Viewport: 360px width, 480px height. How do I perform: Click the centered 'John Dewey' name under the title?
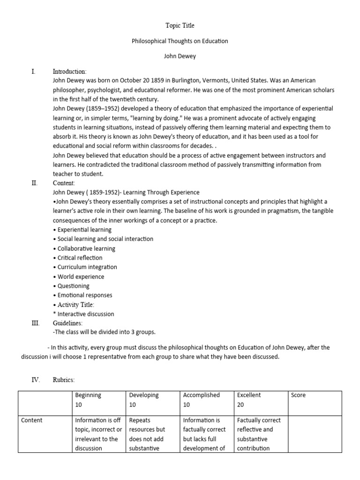point(180,56)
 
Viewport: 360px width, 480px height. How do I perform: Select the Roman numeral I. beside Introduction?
point(33,71)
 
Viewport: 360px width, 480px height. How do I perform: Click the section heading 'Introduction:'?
point(69,71)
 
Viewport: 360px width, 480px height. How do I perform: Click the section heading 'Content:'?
point(64,183)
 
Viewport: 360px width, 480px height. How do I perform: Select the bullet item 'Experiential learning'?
point(82,230)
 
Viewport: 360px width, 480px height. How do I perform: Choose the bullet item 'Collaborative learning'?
point(84,248)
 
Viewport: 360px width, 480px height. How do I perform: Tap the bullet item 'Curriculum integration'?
point(85,267)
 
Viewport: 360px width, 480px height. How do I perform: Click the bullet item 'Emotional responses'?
point(83,295)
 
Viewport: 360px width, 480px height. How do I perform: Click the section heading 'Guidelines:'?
point(67,323)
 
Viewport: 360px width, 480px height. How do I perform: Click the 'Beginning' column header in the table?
point(88,395)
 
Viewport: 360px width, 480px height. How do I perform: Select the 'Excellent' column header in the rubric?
point(249,395)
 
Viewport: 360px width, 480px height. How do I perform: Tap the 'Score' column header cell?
point(298,395)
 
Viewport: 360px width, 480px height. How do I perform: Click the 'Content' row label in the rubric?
point(32,420)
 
